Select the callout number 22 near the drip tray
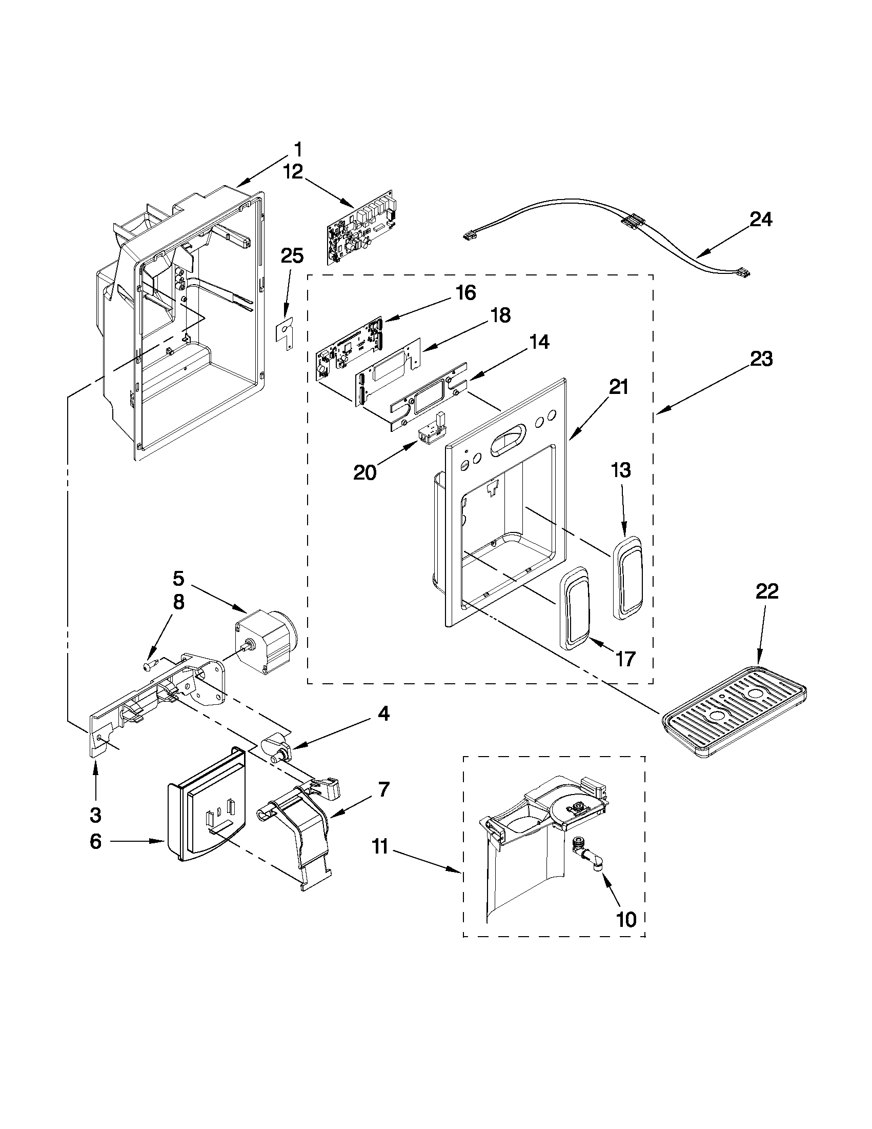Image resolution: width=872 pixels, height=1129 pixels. (x=766, y=591)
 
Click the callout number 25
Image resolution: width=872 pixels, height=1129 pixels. (x=292, y=255)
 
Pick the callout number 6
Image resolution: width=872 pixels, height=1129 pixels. (x=95, y=842)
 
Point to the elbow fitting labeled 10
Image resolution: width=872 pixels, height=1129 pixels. (x=589, y=856)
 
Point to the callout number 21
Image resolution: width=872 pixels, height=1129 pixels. (x=618, y=386)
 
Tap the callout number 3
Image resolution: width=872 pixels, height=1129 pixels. (x=95, y=815)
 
